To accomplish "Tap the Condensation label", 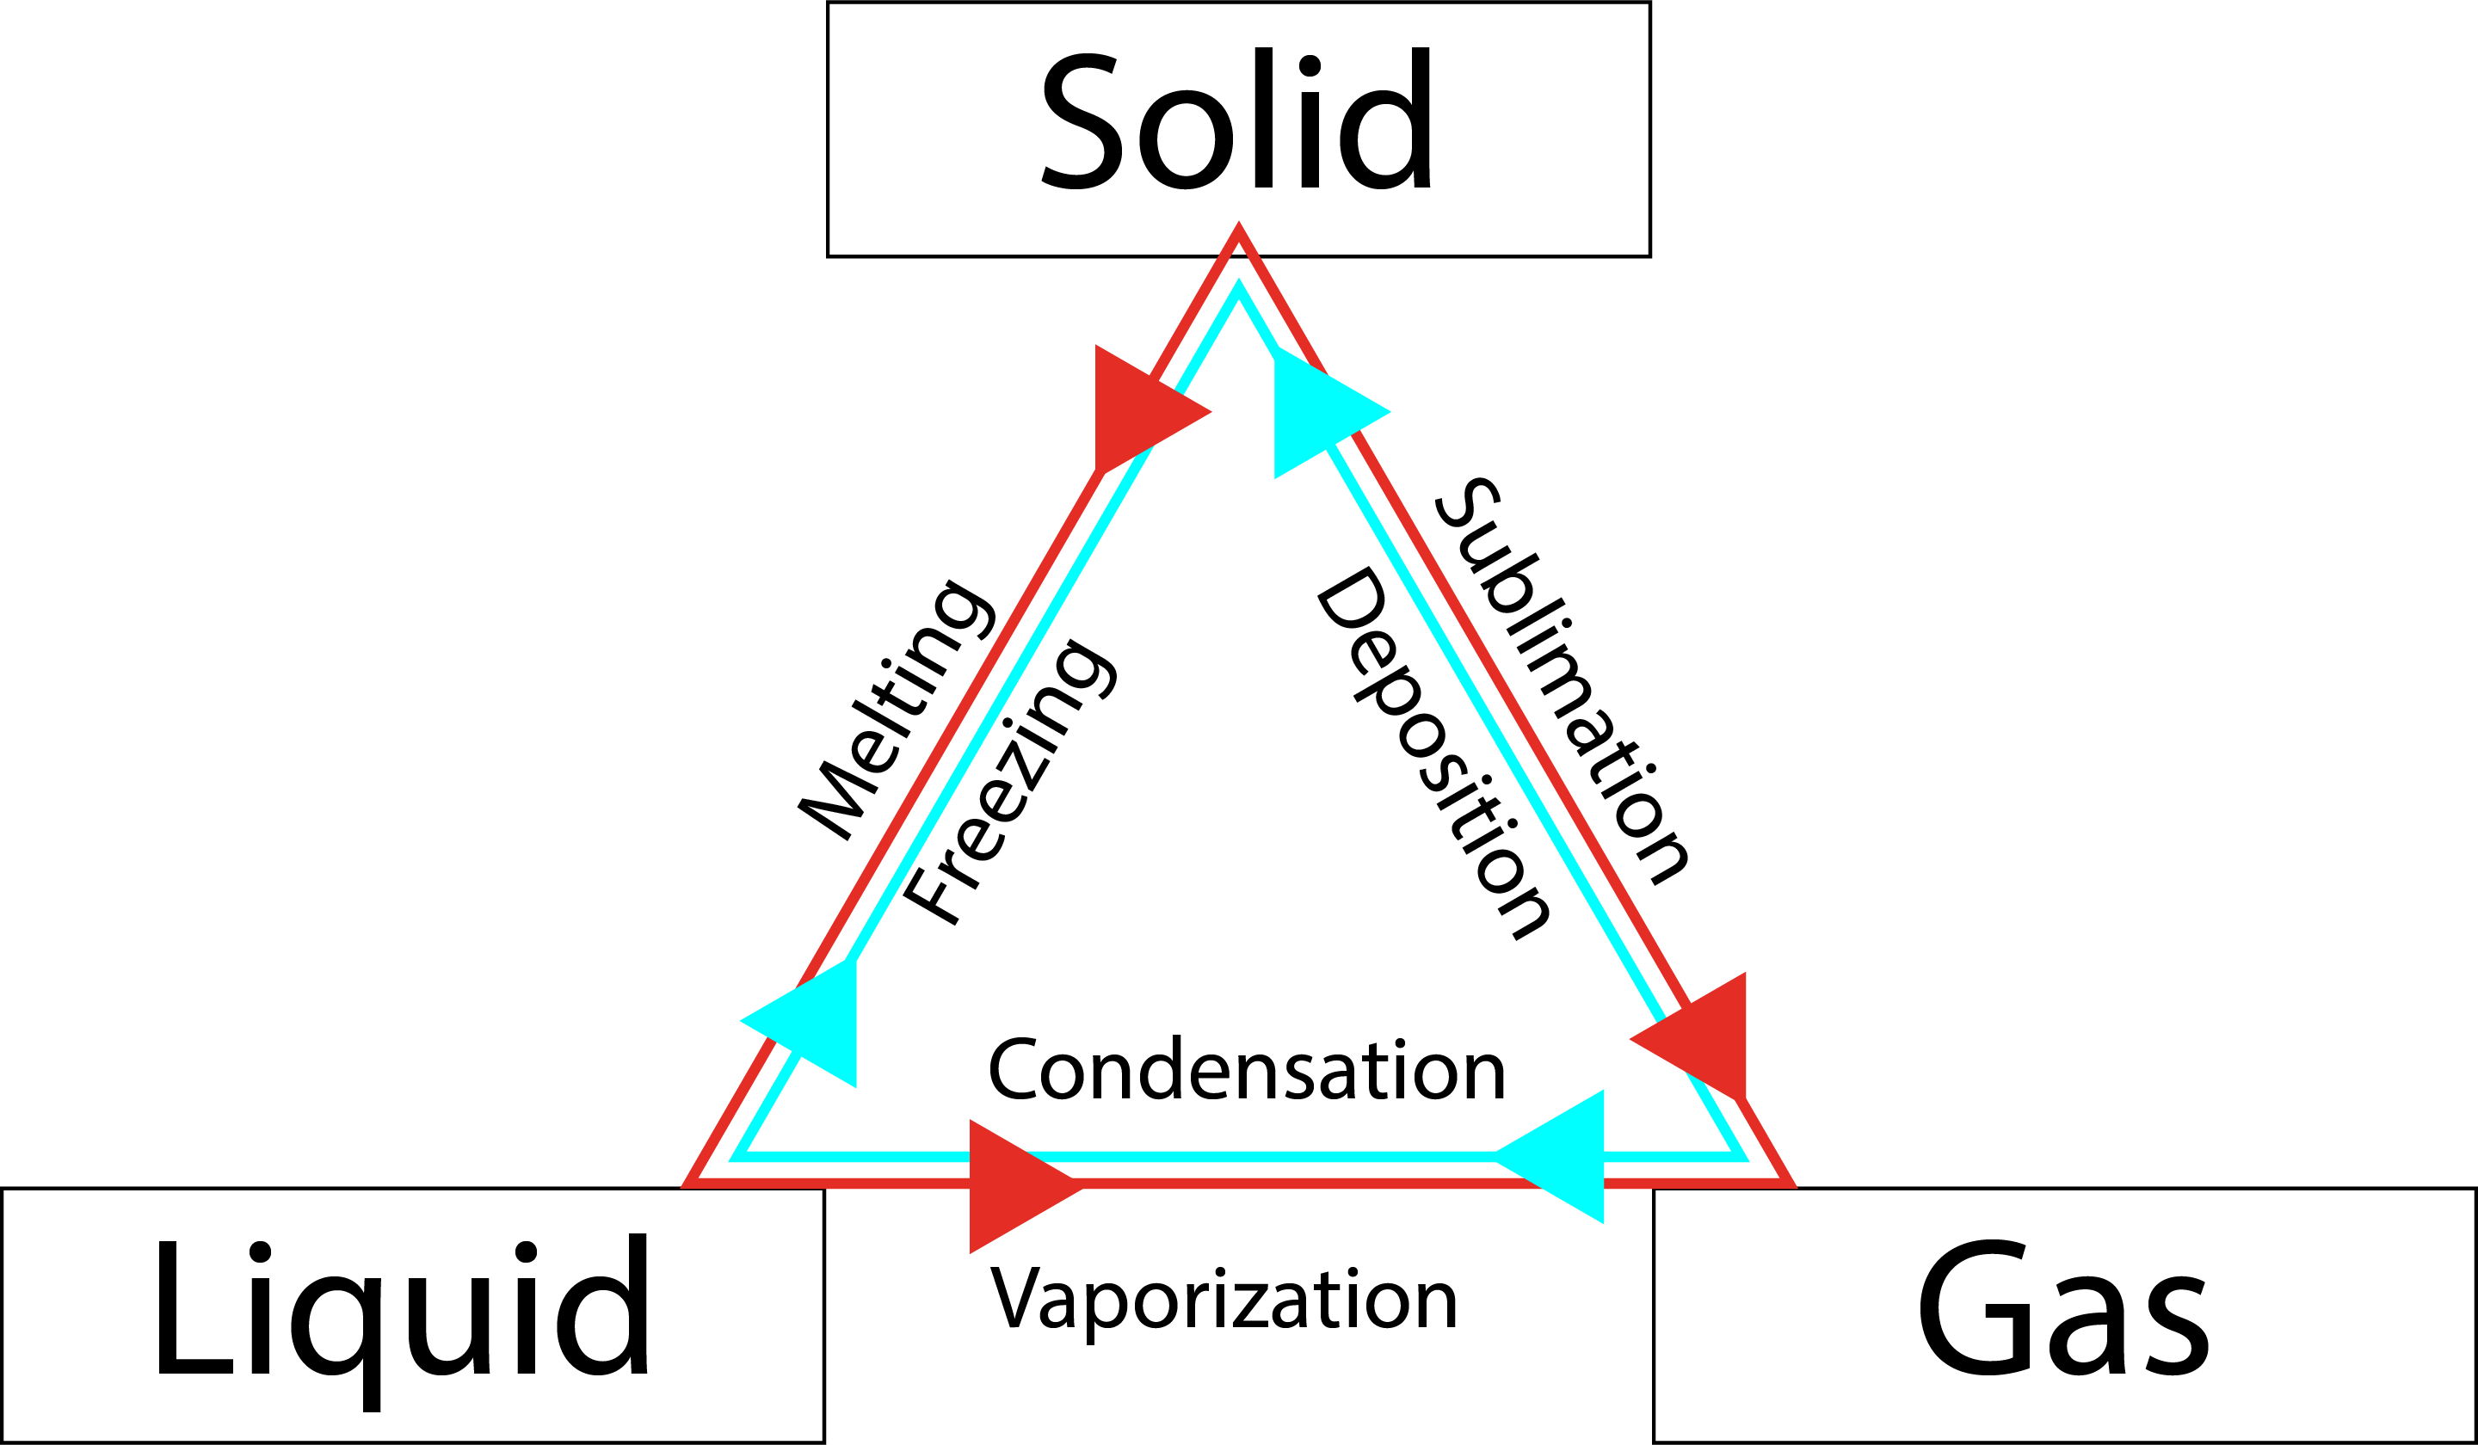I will (1247, 1071).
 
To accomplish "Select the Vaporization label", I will (1224, 1300).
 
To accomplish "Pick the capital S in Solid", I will (1081, 120).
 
